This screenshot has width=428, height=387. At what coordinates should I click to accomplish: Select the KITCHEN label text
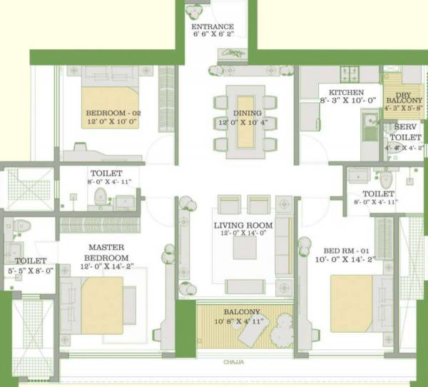click(346, 93)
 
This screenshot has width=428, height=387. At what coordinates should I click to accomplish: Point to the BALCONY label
click(243, 312)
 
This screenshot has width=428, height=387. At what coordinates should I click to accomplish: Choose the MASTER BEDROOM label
click(107, 253)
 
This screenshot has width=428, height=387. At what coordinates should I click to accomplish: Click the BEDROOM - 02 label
click(113, 114)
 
